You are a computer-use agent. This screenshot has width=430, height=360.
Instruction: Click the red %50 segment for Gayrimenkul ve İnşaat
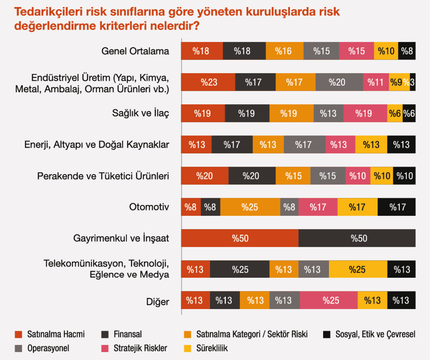[240, 238]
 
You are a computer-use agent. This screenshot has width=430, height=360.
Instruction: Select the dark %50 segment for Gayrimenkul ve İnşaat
[357, 238]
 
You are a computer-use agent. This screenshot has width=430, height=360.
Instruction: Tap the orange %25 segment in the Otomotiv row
[250, 207]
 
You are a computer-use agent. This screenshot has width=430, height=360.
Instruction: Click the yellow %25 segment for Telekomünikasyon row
[358, 270]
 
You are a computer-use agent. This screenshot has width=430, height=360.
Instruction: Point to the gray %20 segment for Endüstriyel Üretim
[339, 83]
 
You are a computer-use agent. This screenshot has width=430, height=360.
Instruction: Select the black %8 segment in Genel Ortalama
[407, 51]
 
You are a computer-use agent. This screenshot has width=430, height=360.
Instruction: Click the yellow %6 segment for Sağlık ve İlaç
[395, 114]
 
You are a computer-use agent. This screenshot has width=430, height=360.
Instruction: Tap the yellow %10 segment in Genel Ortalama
[386, 51]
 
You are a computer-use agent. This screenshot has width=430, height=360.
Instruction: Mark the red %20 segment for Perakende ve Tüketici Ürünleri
[204, 176]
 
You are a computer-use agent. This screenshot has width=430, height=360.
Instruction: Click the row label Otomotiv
[149, 207]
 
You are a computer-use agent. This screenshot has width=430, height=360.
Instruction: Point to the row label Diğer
[157, 302]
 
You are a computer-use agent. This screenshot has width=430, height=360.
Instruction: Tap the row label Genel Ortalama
[135, 51]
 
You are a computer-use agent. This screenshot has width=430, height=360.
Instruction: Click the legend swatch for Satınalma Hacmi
[19, 334]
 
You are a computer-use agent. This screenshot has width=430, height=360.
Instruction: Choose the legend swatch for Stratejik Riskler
[105, 347]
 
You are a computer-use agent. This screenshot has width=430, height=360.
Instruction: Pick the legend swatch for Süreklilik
[188, 347]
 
